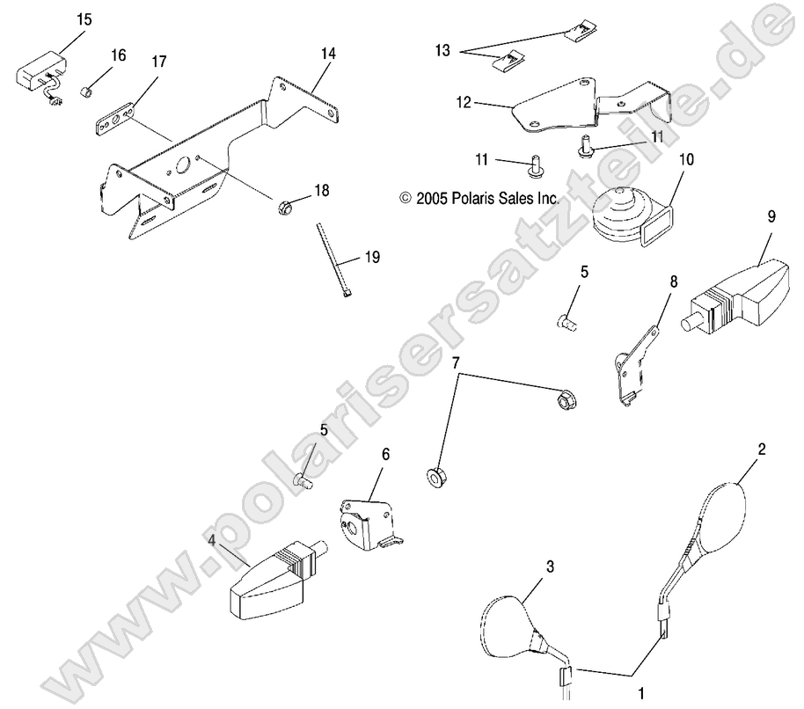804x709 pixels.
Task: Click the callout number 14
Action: [x=328, y=54]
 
